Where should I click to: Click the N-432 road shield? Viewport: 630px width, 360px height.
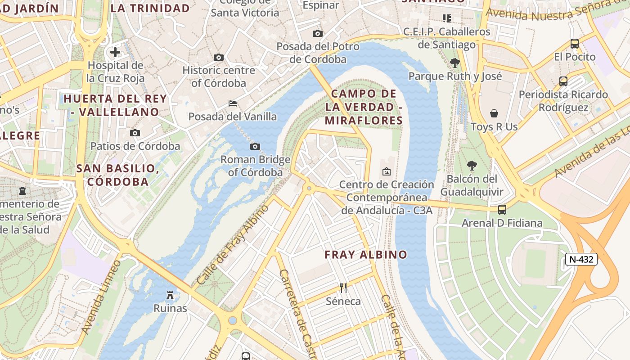coord(581,259)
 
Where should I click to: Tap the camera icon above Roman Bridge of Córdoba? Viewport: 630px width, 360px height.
coord(255,146)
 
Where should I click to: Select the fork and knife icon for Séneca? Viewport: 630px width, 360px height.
coord(343,288)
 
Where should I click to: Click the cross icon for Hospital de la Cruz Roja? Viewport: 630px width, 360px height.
coord(115,52)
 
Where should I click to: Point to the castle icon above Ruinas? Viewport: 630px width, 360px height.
coord(170,295)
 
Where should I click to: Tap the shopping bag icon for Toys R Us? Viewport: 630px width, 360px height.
coord(494,113)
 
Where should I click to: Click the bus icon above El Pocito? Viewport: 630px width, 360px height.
coord(575,44)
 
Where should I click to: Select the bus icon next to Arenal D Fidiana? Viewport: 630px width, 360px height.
coord(502,210)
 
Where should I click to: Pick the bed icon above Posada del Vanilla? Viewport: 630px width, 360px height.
coord(232,103)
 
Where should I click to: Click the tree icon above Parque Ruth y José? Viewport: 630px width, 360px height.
coord(455,63)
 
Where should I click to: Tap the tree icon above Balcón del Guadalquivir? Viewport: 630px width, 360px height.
coord(472,166)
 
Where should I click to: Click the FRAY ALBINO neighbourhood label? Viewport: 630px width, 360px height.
coord(366,255)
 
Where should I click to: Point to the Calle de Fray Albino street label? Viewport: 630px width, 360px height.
coord(233,245)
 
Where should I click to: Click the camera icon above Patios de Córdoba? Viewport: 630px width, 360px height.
coord(135,133)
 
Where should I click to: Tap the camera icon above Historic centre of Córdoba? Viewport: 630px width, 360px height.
coord(219,58)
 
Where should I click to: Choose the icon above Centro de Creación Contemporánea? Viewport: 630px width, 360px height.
coord(386,171)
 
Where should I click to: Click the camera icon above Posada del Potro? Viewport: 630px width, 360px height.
coord(318,34)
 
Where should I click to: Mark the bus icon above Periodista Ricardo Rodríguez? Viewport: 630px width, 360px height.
coord(563,81)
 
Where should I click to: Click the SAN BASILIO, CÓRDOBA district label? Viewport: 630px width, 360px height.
coord(118,175)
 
